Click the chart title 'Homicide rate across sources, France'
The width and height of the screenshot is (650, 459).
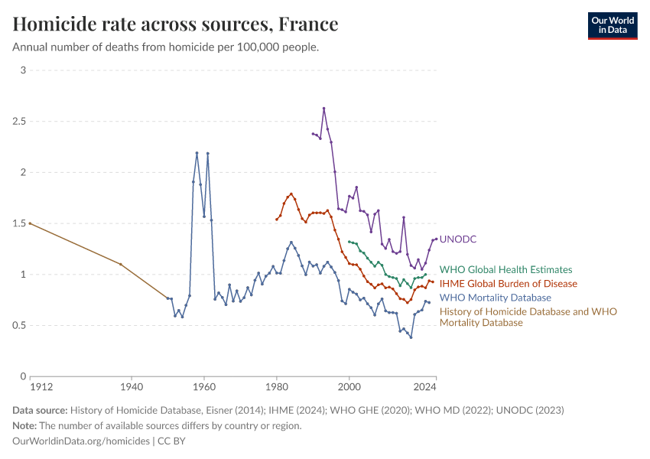[x=175, y=24]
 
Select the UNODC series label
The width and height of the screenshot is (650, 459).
[x=458, y=239]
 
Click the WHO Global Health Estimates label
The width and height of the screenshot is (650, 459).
[x=505, y=269]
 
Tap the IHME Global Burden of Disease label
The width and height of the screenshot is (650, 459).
[x=508, y=284]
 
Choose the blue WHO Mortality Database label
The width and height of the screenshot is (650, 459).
[x=495, y=298]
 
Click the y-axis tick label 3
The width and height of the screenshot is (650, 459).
[x=23, y=70]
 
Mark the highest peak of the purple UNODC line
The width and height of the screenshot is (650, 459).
[x=323, y=108]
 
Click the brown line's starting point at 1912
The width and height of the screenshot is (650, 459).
[x=30, y=223]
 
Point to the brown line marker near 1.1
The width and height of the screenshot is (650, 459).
[x=120, y=264]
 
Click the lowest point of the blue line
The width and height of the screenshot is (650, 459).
[x=411, y=337]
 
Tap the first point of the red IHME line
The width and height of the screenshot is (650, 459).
[x=276, y=220]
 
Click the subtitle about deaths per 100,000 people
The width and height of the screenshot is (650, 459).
[x=165, y=47]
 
